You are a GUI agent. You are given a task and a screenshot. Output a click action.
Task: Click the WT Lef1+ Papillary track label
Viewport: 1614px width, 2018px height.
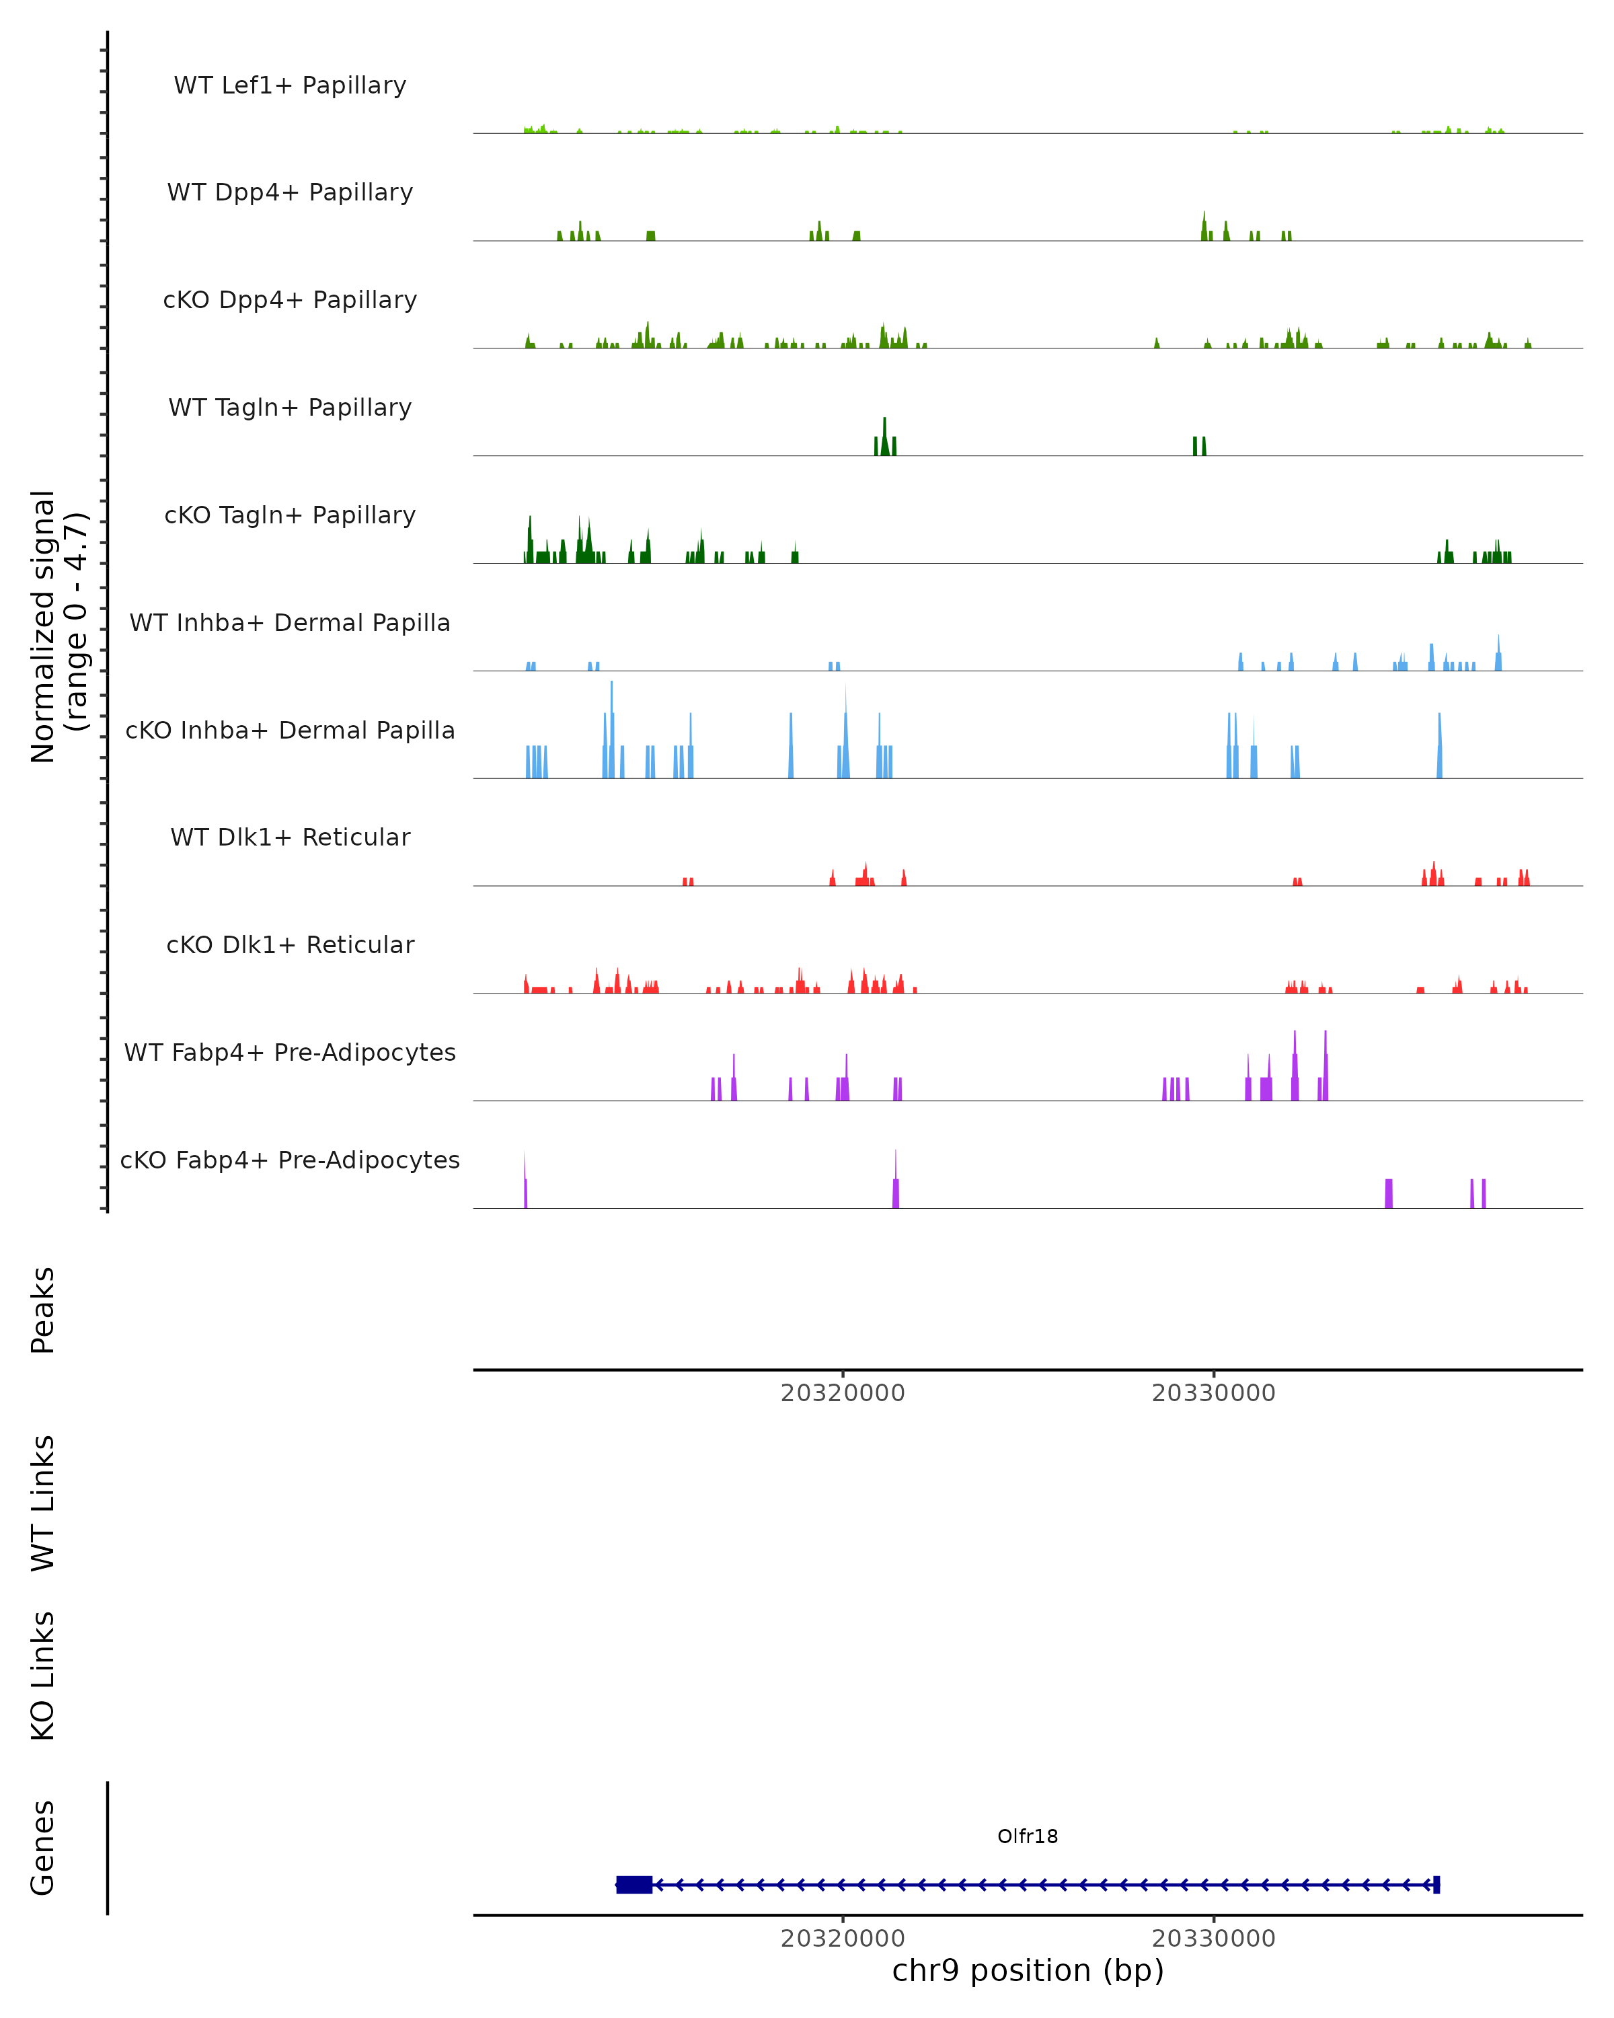pos(290,85)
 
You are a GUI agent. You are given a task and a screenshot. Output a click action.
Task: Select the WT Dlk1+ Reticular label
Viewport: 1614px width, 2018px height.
pos(290,837)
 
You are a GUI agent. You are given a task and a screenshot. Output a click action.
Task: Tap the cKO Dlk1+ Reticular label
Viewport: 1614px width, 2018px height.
pos(290,944)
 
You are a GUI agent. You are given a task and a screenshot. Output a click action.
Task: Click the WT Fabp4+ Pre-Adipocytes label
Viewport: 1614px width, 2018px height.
pos(290,1052)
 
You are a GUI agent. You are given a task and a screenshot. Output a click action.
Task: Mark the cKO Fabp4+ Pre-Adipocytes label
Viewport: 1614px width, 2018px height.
pos(290,1160)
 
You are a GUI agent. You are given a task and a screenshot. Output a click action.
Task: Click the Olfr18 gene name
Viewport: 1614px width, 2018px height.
pos(1028,1836)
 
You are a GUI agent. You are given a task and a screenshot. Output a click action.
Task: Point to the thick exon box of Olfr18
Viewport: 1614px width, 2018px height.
pos(634,1885)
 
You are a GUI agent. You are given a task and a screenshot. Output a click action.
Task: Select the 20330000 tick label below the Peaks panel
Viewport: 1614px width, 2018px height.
pos(1214,1393)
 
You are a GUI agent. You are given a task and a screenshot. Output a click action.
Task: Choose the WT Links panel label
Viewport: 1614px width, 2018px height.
pos(43,1503)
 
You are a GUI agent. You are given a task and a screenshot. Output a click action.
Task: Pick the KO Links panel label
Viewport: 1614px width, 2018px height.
pos(43,1676)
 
